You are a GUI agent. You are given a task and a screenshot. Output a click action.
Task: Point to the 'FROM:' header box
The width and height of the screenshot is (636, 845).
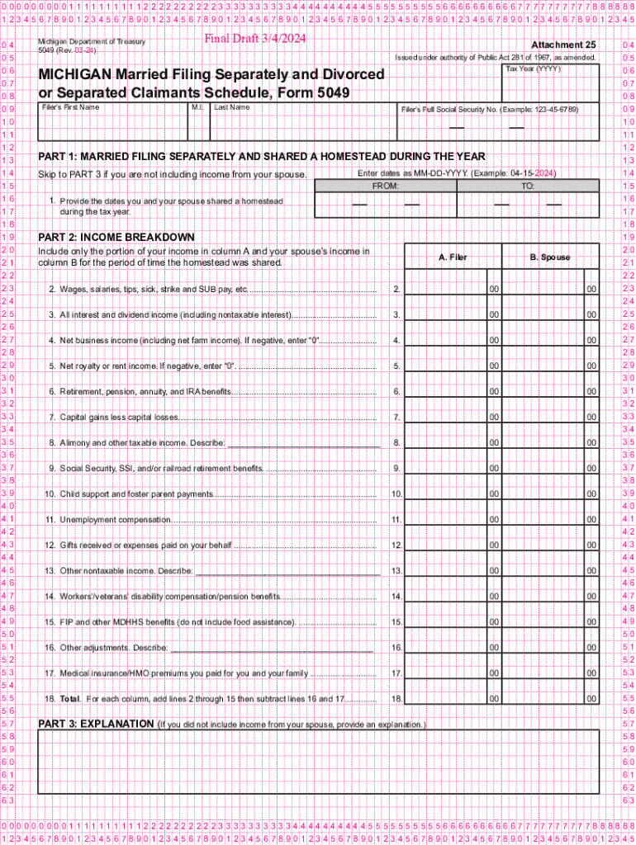(x=385, y=186)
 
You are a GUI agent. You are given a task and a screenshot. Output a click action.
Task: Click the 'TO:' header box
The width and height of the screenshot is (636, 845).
(x=528, y=186)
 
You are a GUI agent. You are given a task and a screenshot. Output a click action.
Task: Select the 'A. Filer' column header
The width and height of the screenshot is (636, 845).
(x=452, y=257)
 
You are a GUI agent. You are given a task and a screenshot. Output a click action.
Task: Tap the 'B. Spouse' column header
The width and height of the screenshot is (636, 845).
(x=550, y=257)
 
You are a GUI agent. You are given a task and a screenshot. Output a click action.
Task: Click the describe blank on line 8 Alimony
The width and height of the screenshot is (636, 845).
(x=303, y=443)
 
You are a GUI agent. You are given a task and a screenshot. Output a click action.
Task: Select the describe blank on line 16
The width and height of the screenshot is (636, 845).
(x=273, y=648)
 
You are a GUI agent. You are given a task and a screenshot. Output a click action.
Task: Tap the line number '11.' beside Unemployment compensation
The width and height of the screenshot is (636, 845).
(x=396, y=520)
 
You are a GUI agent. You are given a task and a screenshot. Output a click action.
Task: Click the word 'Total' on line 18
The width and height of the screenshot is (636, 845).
(x=70, y=699)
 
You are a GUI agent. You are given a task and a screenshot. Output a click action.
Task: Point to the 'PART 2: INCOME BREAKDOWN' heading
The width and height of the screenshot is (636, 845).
(x=116, y=238)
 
